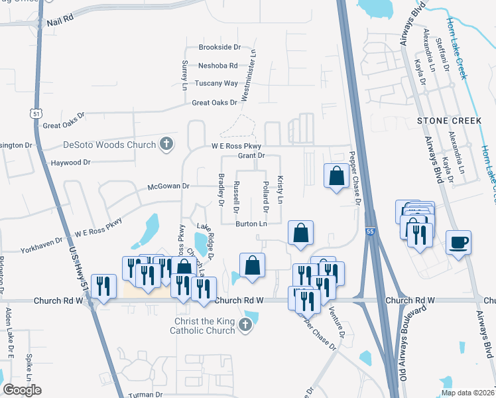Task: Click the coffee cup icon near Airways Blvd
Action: (458, 243)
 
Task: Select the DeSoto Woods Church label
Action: (109, 144)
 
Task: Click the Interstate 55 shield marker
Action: (372, 232)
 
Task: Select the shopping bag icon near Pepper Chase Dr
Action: (336, 176)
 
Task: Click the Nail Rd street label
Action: (60, 23)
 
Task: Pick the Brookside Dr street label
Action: (219, 48)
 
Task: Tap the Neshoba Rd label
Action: (218, 66)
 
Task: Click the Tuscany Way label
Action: (216, 84)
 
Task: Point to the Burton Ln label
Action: (251, 224)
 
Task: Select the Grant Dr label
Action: (251, 156)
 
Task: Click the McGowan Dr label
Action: (168, 186)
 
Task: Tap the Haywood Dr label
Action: (70, 163)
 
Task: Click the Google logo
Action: (22, 390)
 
